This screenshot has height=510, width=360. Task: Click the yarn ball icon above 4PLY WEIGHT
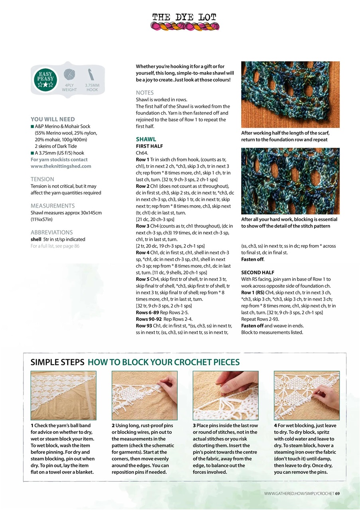(x=69, y=75)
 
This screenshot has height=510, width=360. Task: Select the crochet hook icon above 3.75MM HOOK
(x=92, y=75)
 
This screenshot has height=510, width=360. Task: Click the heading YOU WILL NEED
(x=53, y=119)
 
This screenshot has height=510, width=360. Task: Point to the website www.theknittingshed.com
(x=61, y=166)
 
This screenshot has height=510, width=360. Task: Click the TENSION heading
(x=42, y=179)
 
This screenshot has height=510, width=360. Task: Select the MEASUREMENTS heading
(x=53, y=206)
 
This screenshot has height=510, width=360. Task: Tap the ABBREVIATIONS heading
(x=51, y=232)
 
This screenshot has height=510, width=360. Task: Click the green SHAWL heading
(x=146, y=139)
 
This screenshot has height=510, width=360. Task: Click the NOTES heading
(x=145, y=93)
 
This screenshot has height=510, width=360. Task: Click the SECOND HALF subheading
(x=258, y=273)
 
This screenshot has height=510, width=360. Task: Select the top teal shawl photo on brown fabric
(x=290, y=94)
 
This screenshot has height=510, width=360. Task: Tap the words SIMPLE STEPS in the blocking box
(x=57, y=362)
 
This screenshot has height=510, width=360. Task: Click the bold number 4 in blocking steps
(x=275, y=426)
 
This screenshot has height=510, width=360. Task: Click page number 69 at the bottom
(x=337, y=494)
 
